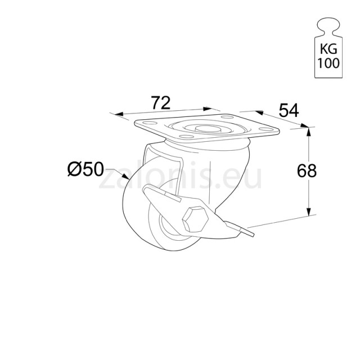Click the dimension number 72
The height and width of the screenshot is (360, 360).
point(161,102)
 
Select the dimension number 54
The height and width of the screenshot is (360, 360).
point(289,110)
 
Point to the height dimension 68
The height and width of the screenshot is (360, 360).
point(307,171)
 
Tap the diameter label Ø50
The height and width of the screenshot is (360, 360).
point(85,169)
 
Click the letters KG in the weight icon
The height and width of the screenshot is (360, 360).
point(328,49)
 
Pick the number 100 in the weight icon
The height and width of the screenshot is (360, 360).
point(328,63)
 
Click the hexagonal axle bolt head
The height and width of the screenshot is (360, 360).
point(195,219)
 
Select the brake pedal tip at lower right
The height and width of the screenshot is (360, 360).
point(250,232)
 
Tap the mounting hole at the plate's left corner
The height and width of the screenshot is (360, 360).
point(148,123)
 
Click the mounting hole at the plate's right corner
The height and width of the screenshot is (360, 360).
point(266,129)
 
